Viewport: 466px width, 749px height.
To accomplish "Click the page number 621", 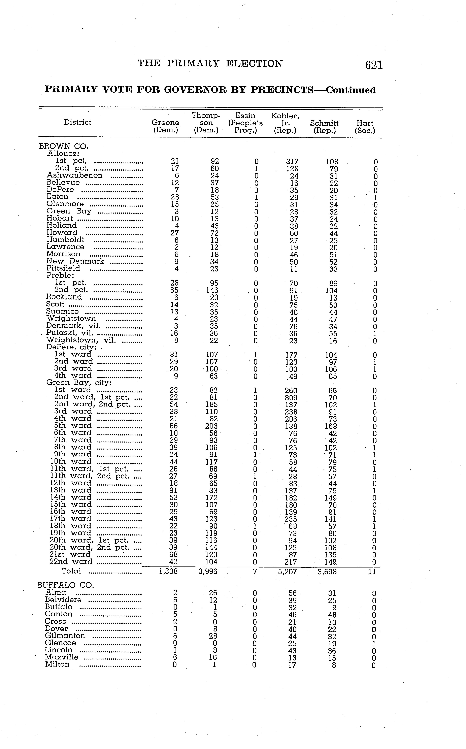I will pos(374,65).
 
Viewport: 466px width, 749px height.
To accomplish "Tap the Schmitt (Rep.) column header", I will pos(324,127).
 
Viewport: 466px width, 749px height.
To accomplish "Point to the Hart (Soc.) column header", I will pos(365,127).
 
